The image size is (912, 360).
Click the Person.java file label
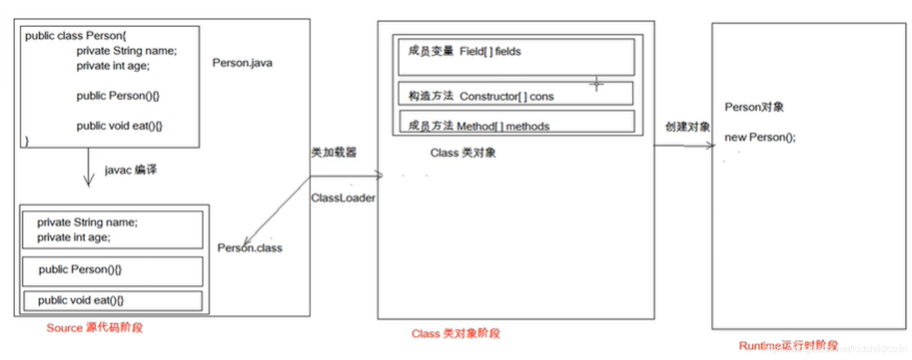242,63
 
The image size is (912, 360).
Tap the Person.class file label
250,248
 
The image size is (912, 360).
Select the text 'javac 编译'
130,170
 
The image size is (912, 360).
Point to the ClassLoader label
343,198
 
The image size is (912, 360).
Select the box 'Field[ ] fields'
516,57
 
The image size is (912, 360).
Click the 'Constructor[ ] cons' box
516,95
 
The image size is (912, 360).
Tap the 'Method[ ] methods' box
516,122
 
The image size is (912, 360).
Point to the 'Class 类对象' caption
462,153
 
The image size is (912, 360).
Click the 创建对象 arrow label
687,127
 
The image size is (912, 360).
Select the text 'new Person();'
760,138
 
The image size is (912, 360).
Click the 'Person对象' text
754,108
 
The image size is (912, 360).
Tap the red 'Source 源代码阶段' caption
95,328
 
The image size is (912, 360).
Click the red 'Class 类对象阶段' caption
456,334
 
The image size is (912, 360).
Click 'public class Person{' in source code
76,36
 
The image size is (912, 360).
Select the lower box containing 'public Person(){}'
112,271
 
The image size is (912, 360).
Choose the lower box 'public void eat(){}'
112,300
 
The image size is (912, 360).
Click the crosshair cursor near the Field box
596,84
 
